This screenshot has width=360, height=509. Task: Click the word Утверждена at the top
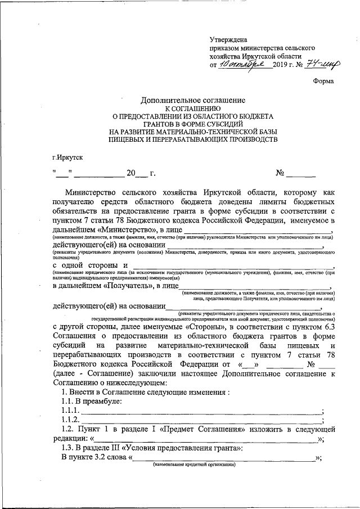[229, 40]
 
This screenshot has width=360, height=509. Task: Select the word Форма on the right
[323, 82]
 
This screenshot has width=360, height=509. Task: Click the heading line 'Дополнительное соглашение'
[192, 100]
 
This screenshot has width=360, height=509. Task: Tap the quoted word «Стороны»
[181, 326]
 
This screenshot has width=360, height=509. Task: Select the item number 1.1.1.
[71, 411]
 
